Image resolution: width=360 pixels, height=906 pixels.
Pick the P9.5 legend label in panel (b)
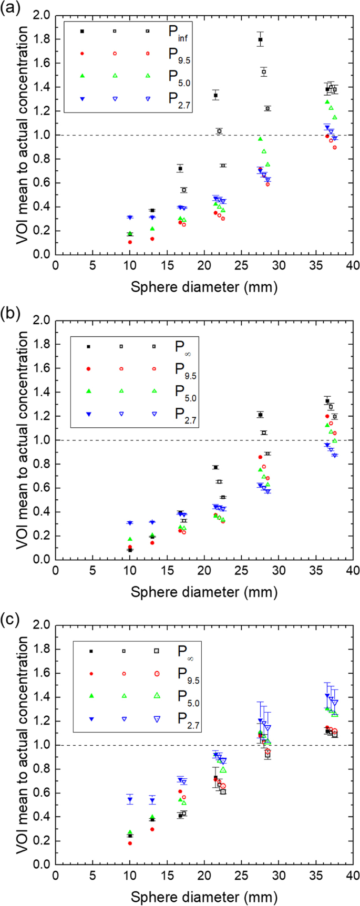186,369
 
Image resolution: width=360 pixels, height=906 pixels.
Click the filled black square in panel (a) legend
81,32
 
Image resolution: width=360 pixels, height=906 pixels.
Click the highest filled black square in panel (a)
260,39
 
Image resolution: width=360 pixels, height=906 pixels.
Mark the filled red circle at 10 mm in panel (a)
130,242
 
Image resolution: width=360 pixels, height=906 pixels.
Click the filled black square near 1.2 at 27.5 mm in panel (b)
260,415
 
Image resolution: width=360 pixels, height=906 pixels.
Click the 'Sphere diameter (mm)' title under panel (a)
204,287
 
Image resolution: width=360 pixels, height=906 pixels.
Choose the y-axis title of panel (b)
23,439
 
